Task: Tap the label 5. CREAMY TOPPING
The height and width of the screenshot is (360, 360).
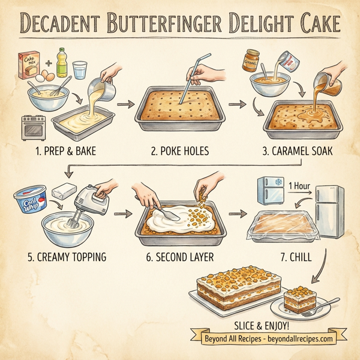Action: (x=67, y=257)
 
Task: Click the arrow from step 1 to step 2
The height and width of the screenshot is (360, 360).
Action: (x=125, y=104)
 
